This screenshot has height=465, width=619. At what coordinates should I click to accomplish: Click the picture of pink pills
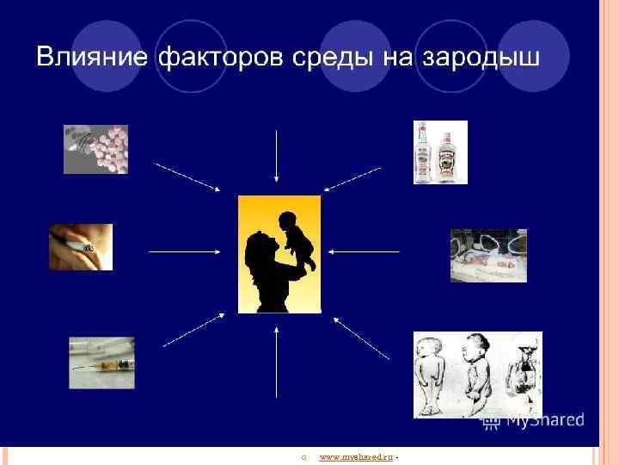coord(95,149)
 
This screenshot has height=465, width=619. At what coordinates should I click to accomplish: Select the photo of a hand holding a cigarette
coord(81,247)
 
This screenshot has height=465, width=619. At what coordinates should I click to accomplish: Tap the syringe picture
coord(101,362)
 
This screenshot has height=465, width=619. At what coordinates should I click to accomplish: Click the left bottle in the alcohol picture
coord(422,152)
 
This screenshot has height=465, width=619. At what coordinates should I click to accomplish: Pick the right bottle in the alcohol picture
coord(446,154)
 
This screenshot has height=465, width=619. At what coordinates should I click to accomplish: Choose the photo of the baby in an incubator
coord(488,255)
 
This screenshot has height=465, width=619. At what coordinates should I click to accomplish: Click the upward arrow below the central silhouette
coord(277,363)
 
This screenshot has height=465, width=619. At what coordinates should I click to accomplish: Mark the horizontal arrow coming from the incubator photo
coord(365,251)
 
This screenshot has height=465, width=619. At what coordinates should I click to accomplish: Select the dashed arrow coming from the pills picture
coord(187,177)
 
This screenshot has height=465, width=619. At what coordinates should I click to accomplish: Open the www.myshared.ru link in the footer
coord(355,456)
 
